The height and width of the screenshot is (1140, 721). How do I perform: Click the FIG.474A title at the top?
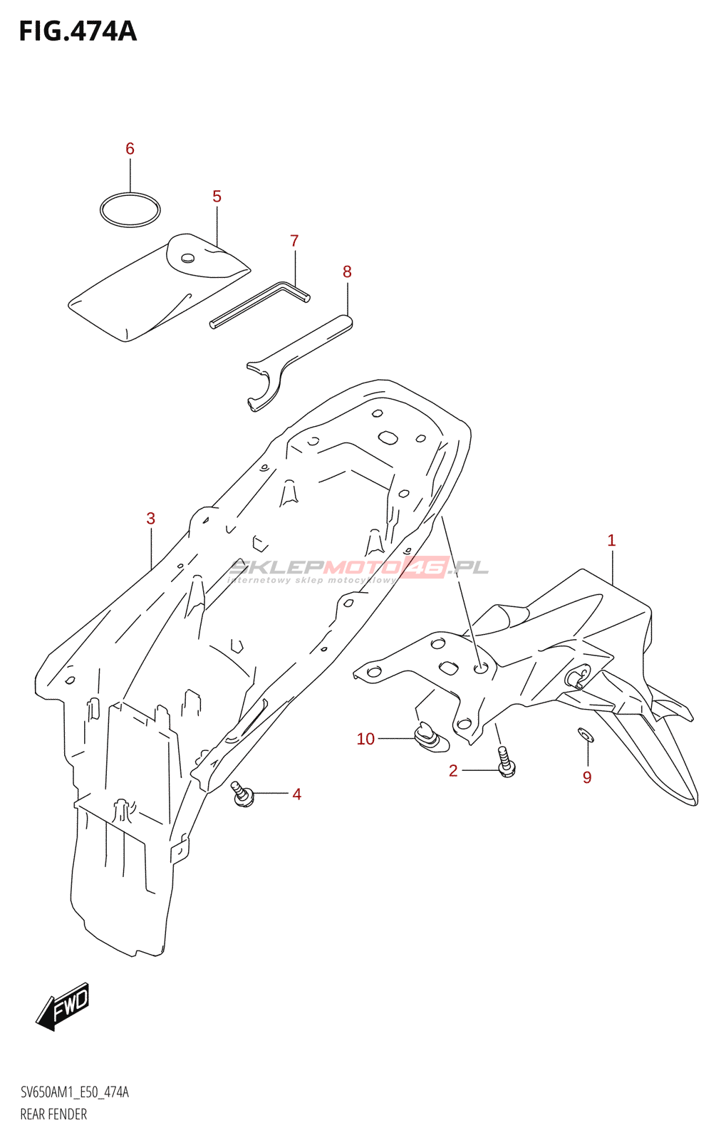[77, 31]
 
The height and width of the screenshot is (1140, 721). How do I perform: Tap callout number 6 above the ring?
[130, 148]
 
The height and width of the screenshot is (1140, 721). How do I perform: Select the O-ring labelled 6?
[130, 209]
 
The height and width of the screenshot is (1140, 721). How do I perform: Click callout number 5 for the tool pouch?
[217, 196]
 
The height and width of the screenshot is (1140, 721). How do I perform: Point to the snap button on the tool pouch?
[188, 258]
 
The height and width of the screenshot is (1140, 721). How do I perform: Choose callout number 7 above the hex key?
[294, 241]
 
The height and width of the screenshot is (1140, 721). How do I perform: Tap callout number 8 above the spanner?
[347, 271]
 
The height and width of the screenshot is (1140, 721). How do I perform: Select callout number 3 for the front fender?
[150, 518]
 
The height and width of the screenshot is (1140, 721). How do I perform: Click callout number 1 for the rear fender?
[611, 540]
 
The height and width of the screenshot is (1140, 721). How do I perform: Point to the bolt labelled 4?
[242, 794]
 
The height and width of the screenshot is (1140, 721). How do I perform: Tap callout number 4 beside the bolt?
[296, 794]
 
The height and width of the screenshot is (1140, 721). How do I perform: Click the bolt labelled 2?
[506, 762]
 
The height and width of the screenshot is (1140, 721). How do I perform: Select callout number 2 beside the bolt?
[453, 770]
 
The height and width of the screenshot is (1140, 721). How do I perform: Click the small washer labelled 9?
[585, 734]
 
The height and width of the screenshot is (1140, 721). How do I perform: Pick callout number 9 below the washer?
[587, 777]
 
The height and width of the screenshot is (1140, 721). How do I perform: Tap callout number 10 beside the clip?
[365, 739]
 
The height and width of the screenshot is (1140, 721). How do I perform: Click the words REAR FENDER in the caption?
[53, 1114]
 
